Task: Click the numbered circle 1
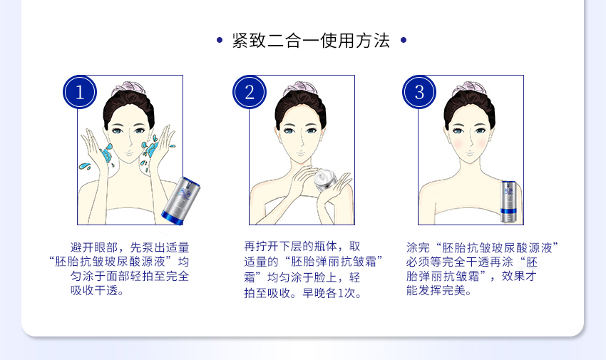[80, 93]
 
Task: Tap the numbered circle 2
[250, 93]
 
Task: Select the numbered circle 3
[419, 93]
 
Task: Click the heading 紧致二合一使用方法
[311, 40]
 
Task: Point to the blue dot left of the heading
[220, 40]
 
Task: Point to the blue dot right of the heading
[404, 40]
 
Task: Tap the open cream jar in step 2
[325, 180]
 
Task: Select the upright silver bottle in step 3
[508, 202]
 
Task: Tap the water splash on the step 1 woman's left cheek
[106, 153]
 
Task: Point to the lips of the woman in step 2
[300, 154]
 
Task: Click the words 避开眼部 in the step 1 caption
[94, 247]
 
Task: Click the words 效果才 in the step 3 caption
[519, 276]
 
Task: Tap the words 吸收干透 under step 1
[94, 290]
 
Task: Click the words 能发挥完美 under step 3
[436, 290]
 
